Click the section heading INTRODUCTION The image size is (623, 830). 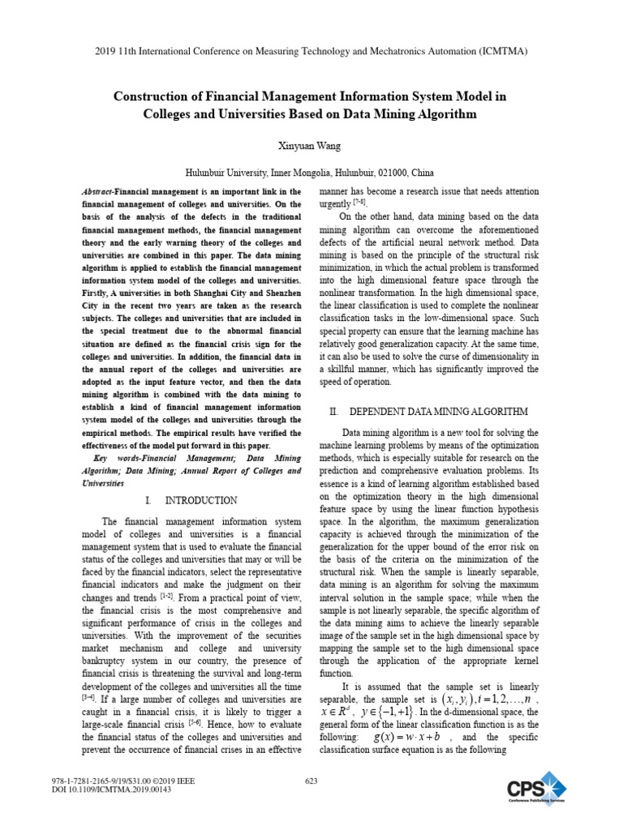pyautogui.click(x=200, y=500)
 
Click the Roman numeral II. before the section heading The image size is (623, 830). pyautogui.click(x=333, y=412)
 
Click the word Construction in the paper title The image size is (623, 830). pyautogui.click(x=157, y=96)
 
